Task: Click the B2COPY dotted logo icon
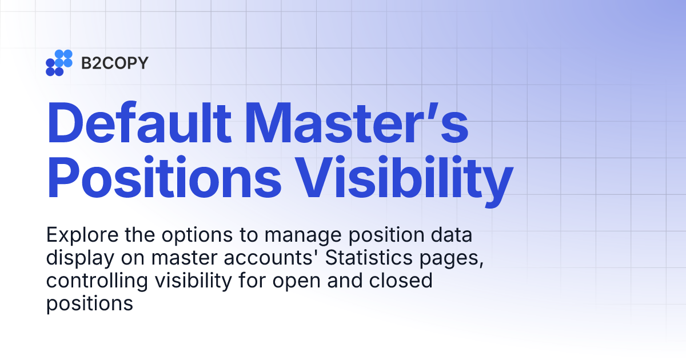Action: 59,63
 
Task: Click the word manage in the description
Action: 297,235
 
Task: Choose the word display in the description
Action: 79,258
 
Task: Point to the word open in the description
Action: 308,281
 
